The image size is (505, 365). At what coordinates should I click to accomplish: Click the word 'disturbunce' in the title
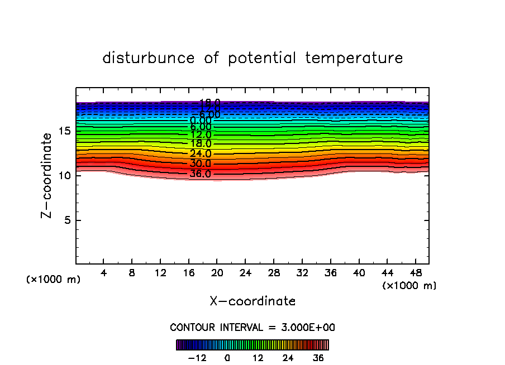click(149, 58)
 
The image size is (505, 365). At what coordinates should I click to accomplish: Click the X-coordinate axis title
click(252, 301)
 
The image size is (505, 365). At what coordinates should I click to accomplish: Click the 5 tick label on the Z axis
click(66, 220)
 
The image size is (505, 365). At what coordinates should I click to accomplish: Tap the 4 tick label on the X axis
click(104, 273)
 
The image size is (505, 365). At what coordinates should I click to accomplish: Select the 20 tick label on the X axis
click(217, 273)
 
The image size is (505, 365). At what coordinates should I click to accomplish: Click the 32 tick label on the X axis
click(302, 273)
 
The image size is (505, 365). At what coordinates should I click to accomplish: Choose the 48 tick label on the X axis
click(415, 273)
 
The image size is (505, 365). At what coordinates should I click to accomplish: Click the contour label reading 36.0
click(201, 174)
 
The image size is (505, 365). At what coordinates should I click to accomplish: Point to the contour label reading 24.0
click(201, 154)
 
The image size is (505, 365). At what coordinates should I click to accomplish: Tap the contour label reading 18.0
click(201, 144)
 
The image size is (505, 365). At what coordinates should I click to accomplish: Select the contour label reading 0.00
click(201, 121)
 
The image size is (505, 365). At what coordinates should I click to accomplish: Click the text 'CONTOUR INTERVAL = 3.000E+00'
click(252, 328)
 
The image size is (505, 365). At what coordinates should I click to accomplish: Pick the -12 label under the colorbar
click(197, 358)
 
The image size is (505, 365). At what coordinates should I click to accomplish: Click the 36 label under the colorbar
click(318, 358)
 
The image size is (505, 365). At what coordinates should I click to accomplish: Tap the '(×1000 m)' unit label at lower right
click(409, 286)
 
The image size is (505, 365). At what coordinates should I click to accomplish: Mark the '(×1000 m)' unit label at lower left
click(54, 280)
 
